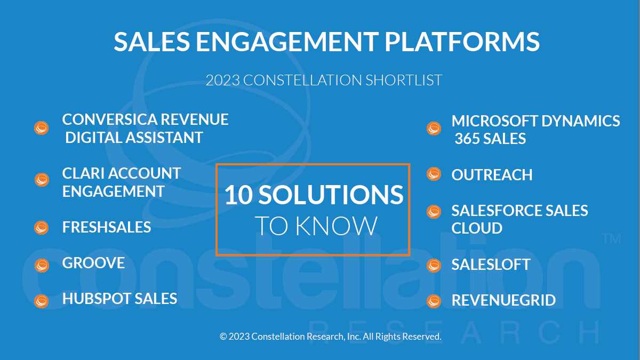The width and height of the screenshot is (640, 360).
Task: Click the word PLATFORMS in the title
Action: coord(462,42)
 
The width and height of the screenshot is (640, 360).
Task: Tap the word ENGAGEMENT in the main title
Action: coord(287,42)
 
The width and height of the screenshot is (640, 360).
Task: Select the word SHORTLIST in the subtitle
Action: coord(404,80)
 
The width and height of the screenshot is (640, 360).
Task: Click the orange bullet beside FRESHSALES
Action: coord(42,228)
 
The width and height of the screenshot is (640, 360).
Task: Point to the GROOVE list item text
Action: coord(93,263)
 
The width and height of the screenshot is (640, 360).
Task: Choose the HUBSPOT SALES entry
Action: coord(119,299)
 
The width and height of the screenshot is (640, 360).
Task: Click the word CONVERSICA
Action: coord(109,119)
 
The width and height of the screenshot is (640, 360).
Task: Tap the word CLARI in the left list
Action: coord(83,173)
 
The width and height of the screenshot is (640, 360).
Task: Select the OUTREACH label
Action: coord(492,175)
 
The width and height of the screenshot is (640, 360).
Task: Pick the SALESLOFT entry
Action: coord(491,265)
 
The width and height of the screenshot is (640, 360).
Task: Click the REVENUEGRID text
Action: coord(503,300)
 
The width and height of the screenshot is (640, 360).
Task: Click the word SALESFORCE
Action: coord(497,211)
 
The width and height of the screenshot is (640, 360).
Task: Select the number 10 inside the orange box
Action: coord(239,195)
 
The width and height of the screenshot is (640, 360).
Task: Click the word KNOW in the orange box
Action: coord(337,226)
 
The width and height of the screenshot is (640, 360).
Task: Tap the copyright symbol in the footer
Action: coord(223,337)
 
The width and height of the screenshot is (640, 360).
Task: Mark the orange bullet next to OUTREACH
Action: coord(434,174)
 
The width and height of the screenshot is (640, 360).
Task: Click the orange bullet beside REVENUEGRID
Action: coord(434,301)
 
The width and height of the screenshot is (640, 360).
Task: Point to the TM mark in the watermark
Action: coord(611,238)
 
